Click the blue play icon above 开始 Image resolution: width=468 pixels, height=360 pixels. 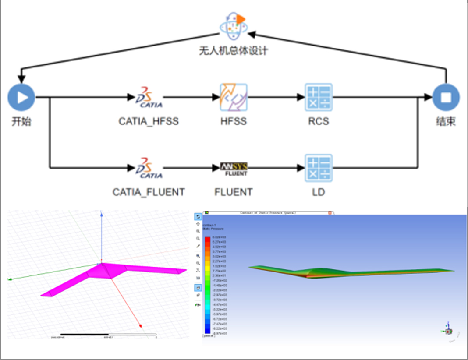[x=21, y=97]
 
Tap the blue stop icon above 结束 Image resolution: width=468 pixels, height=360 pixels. [x=446, y=97]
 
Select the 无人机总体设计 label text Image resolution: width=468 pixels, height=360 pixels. [x=233, y=51]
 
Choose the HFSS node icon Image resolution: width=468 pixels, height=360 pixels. [x=234, y=97]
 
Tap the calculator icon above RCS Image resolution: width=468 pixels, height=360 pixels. [x=319, y=97]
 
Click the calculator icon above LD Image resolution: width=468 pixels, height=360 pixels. [x=319, y=168]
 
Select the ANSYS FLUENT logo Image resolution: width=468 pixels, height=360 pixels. [x=234, y=169]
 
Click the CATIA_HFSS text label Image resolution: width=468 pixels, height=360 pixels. [x=149, y=121]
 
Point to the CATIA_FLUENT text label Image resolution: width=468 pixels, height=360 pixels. [x=149, y=192]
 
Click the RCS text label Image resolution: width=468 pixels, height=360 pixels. [x=319, y=121]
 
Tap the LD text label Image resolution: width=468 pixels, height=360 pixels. [x=319, y=192]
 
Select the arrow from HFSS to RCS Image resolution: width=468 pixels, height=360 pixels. [x=276, y=97]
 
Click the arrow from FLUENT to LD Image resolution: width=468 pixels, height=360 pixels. [x=276, y=168]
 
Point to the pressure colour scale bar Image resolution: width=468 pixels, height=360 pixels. [x=207, y=285]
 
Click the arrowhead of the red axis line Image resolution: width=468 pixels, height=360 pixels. [x=140, y=326]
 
